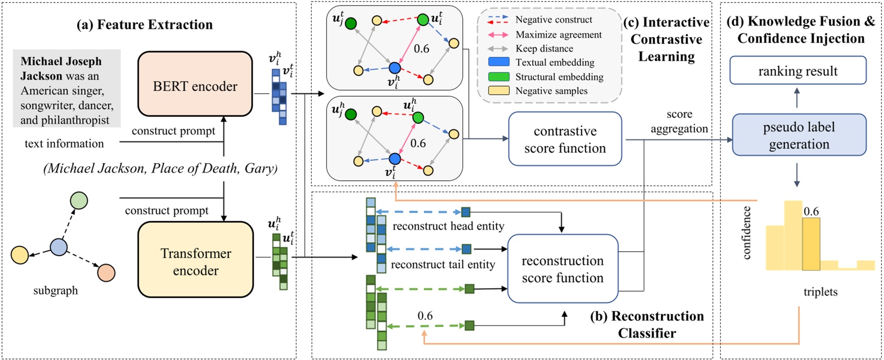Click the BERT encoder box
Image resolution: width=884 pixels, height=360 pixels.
coord(195,84)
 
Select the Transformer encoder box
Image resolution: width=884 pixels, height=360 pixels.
coord(195,259)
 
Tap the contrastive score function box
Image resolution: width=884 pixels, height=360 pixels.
coord(565,139)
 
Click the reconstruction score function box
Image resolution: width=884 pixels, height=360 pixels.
coord(562,268)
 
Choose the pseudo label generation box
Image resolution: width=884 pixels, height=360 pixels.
coord(798,135)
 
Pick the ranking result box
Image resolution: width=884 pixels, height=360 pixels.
coord(797,70)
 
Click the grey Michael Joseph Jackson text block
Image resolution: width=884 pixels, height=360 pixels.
coord(66,89)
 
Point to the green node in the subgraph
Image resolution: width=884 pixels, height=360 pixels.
coord(78,201)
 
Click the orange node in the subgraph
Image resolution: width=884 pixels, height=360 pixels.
coord(106,272)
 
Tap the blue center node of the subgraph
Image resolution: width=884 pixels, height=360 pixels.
coord(59,248)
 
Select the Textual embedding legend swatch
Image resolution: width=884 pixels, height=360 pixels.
coord(498,62)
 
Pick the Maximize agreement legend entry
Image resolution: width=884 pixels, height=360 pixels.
coord(558,34)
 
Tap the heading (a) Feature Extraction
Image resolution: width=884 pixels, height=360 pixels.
coord(144,24)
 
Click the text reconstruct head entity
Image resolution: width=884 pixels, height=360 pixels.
coord(448,226)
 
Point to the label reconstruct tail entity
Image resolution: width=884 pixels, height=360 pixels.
coord(443,264)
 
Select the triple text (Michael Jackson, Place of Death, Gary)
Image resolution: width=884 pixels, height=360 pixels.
coord(160,168)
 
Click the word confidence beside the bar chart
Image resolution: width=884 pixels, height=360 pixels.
coord(746,233)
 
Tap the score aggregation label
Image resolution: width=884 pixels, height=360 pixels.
coord(679,122)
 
